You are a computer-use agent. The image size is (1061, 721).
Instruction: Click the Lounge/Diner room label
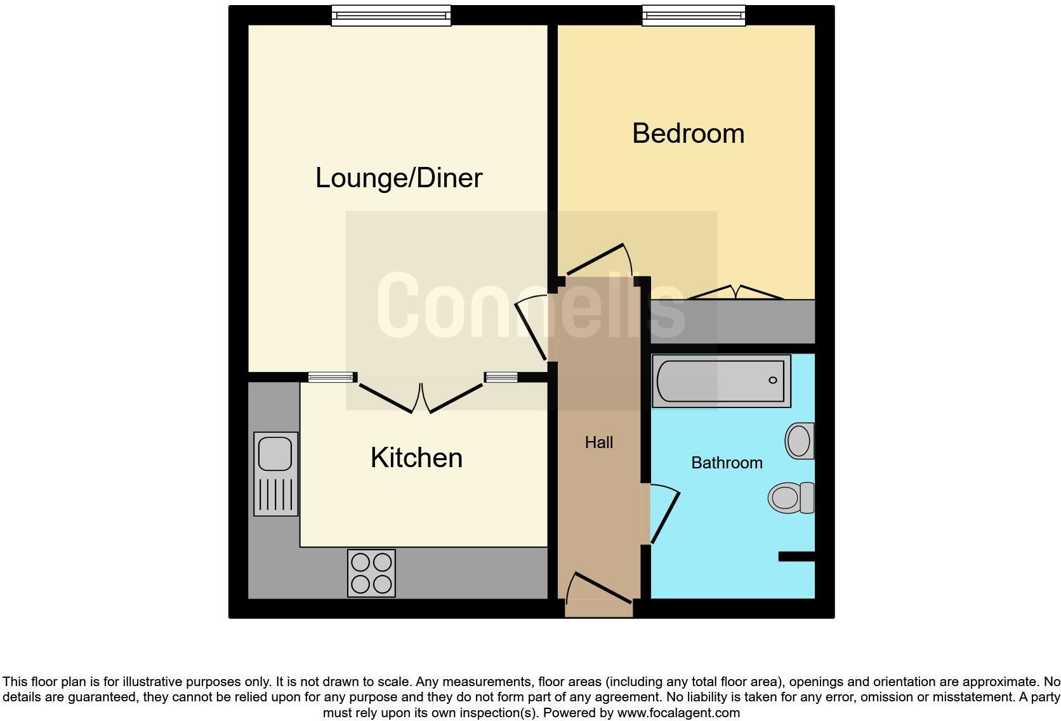[x=399, y=178]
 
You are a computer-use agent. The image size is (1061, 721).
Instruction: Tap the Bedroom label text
[x=688, y=133]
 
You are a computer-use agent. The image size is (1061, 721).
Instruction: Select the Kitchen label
[x=416, y=458]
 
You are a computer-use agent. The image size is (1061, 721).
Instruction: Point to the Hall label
[x=598, y=442]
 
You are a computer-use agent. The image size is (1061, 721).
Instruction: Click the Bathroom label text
[x=727, y=463]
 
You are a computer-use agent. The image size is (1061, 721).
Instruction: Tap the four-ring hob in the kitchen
[x=371, y=573]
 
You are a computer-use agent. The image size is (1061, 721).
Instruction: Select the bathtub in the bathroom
[x=721, y=381]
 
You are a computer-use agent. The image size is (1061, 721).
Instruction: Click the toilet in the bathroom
[x=791, y=498]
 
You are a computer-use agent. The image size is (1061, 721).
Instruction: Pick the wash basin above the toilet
[x=800, y=440]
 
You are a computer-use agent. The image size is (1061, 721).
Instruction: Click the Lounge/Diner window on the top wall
[x=391, y=15]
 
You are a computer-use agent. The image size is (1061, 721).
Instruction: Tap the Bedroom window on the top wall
[x=694, y=15]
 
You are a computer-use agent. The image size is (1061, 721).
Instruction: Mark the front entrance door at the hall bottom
[x=598, y=590]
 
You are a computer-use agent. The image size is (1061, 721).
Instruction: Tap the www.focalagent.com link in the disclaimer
[x=678, y=713]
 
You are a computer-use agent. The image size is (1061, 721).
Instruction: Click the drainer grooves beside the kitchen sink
[x=275, y=494]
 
